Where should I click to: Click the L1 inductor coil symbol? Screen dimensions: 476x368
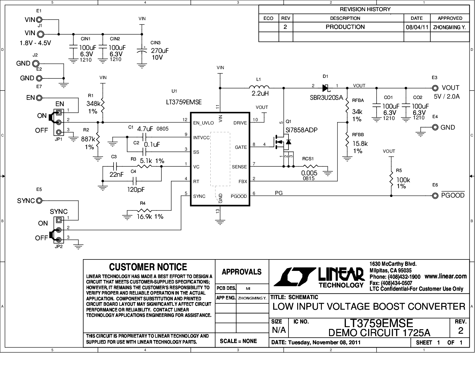[259, 87]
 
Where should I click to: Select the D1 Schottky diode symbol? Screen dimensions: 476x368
[326, 88]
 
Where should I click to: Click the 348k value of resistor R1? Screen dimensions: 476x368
[93, 103]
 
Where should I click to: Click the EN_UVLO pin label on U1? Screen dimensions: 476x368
[203, 123]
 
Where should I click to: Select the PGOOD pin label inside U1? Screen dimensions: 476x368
[239, 196]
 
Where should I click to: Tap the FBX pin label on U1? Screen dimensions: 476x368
[243, 182]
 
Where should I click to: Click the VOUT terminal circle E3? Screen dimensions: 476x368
[435, 88]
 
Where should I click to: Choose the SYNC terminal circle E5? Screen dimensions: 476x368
[39, 201]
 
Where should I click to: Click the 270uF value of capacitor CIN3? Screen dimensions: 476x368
[160, 51]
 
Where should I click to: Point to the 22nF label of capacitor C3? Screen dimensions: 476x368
[116, 174]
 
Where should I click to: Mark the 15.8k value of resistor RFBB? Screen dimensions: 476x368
[360, 143]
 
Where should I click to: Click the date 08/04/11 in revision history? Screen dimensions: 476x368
[417, 27]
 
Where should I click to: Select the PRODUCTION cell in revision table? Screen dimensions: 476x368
[345, 27]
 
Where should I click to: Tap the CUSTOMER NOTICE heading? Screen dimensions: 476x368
[148, 267]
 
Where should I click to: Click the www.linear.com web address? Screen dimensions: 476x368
[446, 276]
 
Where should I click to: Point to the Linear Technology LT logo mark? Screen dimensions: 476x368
[294, 277]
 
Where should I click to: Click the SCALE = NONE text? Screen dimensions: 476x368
[238, 341]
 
